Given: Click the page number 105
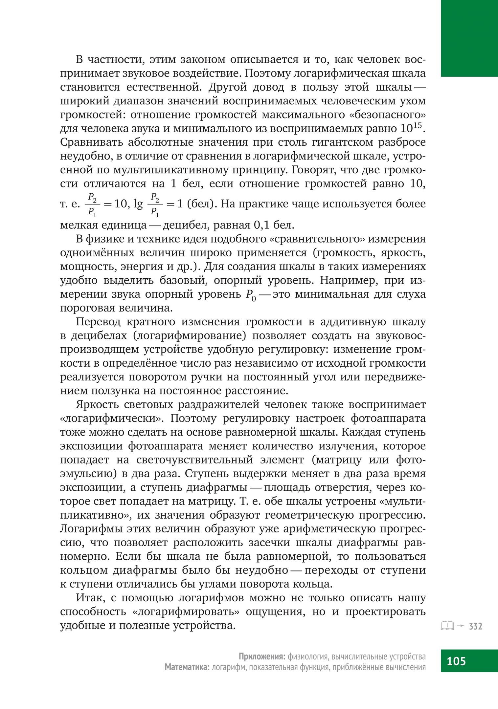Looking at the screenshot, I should pyautogui.click(x=456, y=660).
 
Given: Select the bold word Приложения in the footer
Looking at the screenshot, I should pyautogui.click(x=262, y=656).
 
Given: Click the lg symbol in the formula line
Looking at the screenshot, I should pyautogui.click(x=138, y=205).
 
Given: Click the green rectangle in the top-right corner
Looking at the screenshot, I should pyautogui.click(x=469, y=38).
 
